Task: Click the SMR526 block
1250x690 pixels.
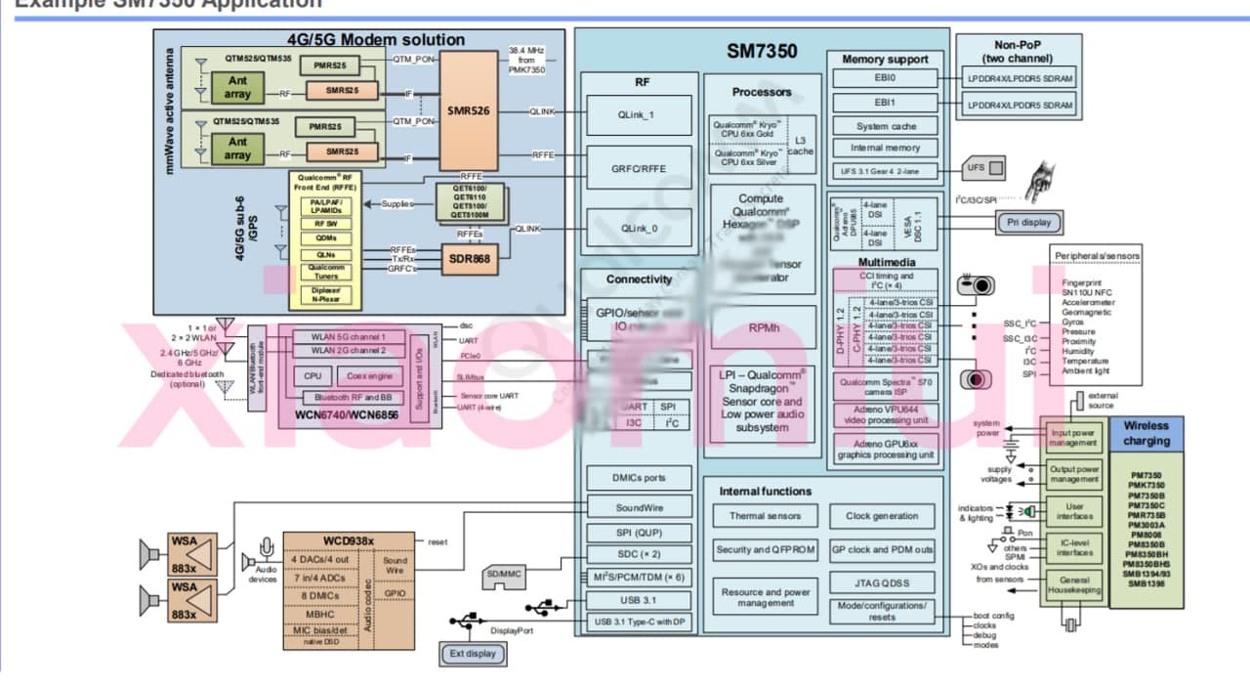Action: coord(469,110)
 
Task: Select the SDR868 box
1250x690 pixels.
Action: coord(469,258)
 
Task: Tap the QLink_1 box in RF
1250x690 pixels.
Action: coord(639,115)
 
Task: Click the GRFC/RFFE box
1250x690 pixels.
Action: coord(639,168)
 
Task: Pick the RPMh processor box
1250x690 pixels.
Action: coord(762,328)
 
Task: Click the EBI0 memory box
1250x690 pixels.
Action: coord(886,78)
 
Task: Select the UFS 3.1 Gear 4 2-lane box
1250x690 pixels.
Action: coord(886,171)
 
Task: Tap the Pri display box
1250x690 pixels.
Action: coord(1029,222)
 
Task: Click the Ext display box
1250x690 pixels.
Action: coord(473,654)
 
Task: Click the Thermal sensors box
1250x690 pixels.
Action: coord(765,516)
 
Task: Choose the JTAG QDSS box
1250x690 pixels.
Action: coord(882,583)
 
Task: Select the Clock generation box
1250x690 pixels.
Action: coord(882,516)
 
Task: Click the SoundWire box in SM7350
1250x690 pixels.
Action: coord(639,507)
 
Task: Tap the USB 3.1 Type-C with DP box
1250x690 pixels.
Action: coord(639,622)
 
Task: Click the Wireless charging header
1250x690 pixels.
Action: coord(1146,433)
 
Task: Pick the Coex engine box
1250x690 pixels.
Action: coord(370,375)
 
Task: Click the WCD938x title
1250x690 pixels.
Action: coord(348,540)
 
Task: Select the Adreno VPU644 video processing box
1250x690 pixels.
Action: coord(886,414)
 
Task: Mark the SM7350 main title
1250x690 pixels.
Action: coord(762,51)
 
